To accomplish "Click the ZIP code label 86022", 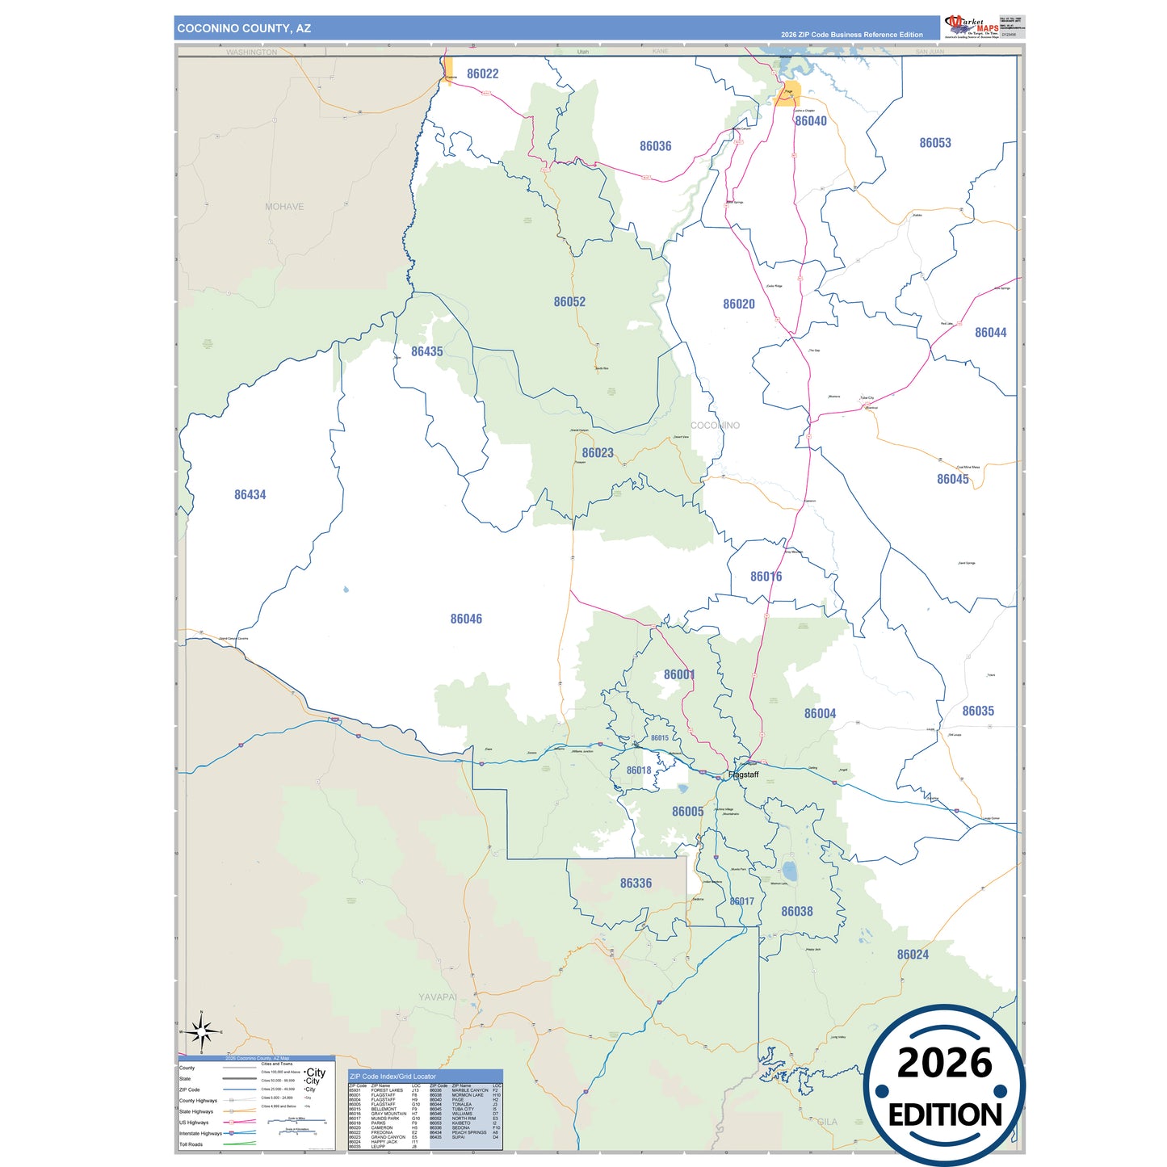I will click(x=482, y=74).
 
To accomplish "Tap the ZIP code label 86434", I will click(x=250, y=495).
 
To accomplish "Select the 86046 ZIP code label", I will click(x=466, y=619).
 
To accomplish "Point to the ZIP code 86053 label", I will click(x=934, y=143).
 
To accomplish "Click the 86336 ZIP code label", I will click(x=636, y=884).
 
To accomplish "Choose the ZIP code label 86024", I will click(x=913, y=955).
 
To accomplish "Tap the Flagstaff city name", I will click(x=743, y=775).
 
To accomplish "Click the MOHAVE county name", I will click(x=284, y=207).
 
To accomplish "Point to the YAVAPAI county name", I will click(x=437, y=997).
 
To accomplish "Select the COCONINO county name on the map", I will click(x=715, y=426).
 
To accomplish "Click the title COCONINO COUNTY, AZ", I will click(x=244, y=28).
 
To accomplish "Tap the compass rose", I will click(x=201, y=1031).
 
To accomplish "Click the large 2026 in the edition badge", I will click(x=944, y=1064).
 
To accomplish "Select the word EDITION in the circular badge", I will click(x=944, y=1115).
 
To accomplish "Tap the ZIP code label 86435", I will click(x=426, y=352).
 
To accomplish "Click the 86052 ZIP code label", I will click(x=569, y=302).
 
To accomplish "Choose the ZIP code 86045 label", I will click(x=952, y=480).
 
